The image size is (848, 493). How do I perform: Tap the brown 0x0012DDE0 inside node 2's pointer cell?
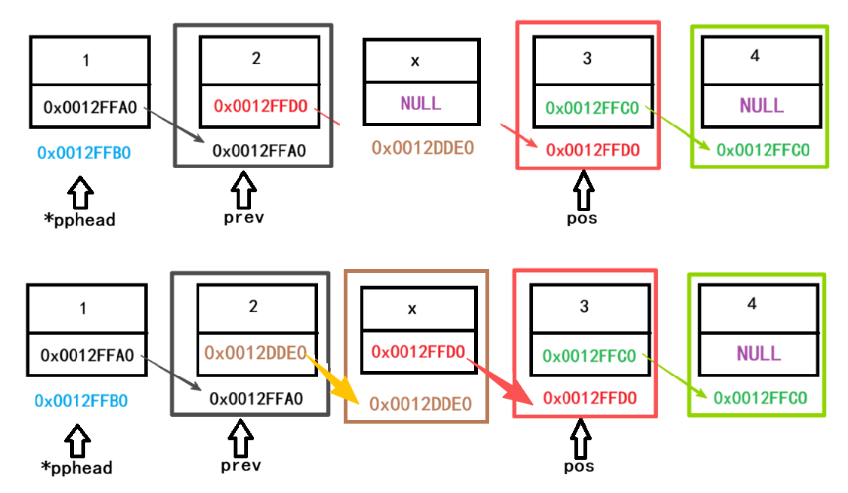tap(255, 352)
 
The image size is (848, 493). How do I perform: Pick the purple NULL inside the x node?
tap(421, 103)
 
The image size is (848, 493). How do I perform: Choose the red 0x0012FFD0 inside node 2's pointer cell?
tap(260, 106)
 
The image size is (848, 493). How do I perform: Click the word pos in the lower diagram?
tap(579, 466)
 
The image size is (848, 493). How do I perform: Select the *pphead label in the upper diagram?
tap(79, 220)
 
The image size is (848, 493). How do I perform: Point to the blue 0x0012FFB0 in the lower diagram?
tap(81, 400)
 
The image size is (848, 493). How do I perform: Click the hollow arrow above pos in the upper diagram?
tap(582, 190)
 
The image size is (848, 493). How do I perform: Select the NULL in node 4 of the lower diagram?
tap(759, 353)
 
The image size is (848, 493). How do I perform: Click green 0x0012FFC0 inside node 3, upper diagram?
tap(592, 108)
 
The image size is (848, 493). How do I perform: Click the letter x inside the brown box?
tap(412, 308)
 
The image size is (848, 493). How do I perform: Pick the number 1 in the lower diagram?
tap(83, 308)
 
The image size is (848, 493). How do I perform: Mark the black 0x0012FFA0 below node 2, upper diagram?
tap(259, 151)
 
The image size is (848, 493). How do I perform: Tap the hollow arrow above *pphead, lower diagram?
tap(78, 439)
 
